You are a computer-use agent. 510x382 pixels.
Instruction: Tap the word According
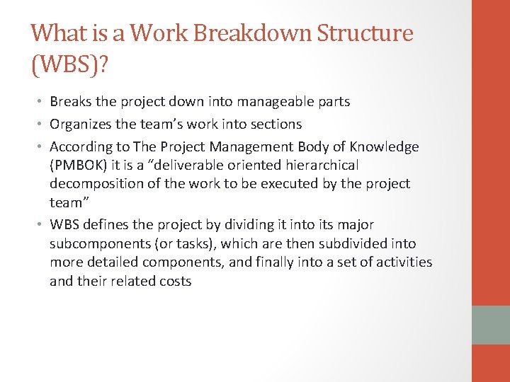click(x=79, y=147)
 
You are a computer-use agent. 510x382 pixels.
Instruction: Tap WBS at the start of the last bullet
click(x=64, y=225)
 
